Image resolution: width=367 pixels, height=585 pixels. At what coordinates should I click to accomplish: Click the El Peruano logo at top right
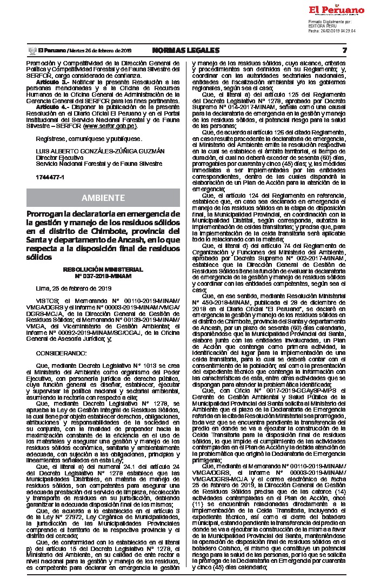pos(336,10)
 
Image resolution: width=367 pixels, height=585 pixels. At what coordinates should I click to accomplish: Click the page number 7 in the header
pos(344,50)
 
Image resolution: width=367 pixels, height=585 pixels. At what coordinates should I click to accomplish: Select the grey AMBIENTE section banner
pos(103,197)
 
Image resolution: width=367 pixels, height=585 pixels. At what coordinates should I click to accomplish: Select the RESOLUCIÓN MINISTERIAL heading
pos(103,268)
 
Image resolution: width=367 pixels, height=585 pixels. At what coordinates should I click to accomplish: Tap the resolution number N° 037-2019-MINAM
pos(103,275)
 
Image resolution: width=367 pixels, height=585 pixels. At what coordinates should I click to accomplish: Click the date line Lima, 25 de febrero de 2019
pos(73,288)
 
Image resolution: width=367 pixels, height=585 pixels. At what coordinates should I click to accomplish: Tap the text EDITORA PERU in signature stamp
pos(322,26)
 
